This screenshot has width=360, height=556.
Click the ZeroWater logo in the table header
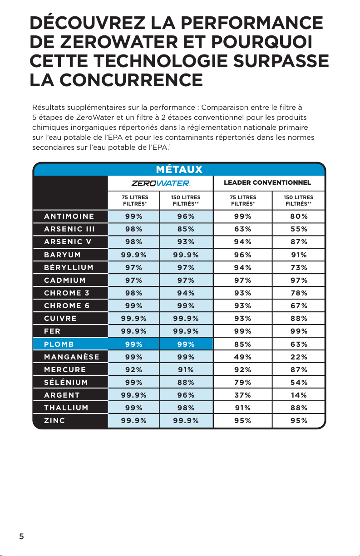coord(160,183)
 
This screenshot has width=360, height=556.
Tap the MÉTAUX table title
coord(179,169)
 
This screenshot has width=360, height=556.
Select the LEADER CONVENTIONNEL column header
coord(267,182)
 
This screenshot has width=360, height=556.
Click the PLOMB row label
coord(59,344)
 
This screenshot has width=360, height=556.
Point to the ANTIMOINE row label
coord(69,216)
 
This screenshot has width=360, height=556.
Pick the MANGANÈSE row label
coord(72,357)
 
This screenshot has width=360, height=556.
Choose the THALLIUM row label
coord(66,408)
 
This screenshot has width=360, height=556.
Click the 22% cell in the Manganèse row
coord(299,357)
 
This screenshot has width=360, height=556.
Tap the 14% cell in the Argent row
coord(299,395)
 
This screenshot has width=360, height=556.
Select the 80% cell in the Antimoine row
coord(299,216)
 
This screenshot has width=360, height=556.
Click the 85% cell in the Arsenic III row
coord(186,229)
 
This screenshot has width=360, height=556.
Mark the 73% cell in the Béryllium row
coord(299,268)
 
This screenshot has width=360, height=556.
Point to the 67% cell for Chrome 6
coord(299,306)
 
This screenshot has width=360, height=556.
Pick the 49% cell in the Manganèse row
coord(242,357)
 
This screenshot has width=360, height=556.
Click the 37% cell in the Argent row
coord(242,395)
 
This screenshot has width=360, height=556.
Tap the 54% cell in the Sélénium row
coord(299,383)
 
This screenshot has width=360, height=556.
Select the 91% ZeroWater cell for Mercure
coord(186,370)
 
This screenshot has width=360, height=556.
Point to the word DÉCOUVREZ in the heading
coord(87,23)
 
